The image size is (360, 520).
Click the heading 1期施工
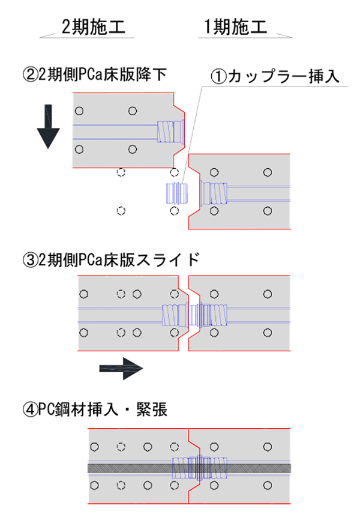pos(236,27)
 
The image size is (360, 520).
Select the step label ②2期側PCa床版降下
pos(94,75)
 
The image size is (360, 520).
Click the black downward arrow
pos(49,127)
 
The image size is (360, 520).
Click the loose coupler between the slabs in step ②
pos(176,193)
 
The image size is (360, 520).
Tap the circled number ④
pos(29,411)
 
